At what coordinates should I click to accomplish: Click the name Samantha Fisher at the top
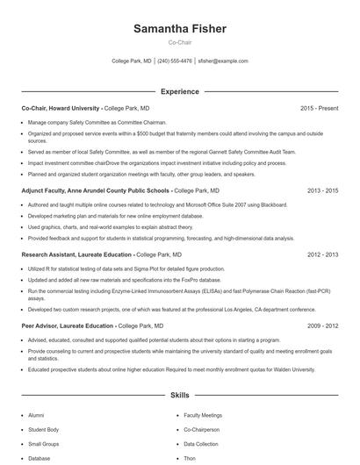(x=180, y=29)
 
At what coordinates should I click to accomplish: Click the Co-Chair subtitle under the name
(x=180, y=42)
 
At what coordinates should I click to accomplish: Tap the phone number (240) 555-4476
(x=175, y=61)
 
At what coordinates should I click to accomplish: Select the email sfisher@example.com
(x=223, y=61)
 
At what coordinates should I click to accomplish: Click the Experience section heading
(x=180, y=91)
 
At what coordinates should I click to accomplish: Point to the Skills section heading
(x=180, y=396)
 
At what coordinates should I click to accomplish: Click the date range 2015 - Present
(x=319, y=108)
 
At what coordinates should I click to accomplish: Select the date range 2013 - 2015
(x=322, y=190)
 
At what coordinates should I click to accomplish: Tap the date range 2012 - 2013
(x=322, y=254)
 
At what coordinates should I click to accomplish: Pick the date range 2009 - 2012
(x=322, y=325)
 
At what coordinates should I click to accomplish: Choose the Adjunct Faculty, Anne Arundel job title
(x=96, y=190)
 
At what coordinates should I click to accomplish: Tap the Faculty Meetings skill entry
(x=203, y=415)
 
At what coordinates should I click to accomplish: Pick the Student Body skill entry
(x=43, y=430)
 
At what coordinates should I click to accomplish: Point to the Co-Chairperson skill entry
(x=203, y=430)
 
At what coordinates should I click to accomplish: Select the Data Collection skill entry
(x=201, y=444)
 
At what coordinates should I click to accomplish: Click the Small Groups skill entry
(x=44, y=444)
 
